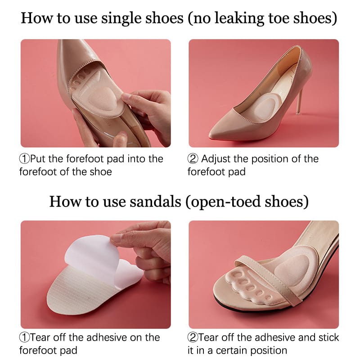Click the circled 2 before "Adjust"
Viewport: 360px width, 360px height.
click(x=193, y=159)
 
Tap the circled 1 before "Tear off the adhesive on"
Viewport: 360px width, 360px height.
click(x=24, y=337)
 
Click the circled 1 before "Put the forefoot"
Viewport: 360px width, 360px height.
click(x=24, y=159)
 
